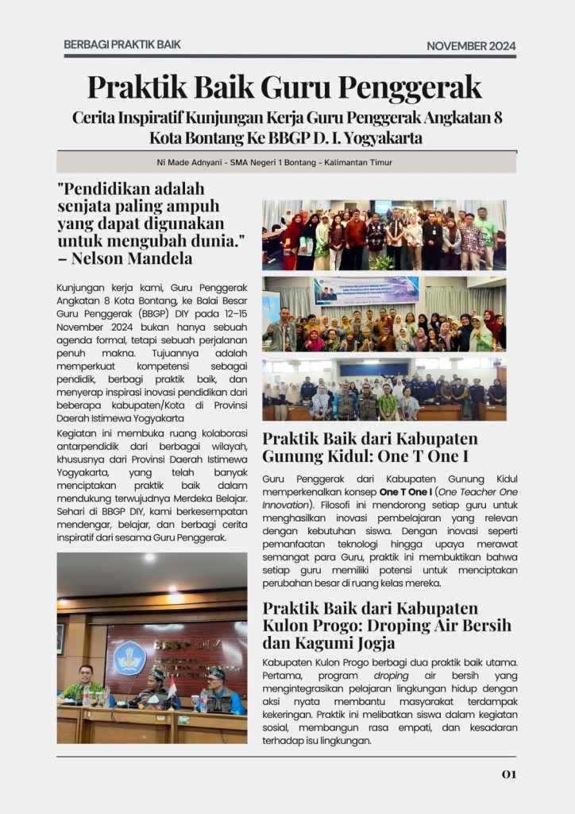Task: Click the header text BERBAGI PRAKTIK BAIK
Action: click(x=122, y=45)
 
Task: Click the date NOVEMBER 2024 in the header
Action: click(x=471, y=46)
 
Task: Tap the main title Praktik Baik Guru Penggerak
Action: click(x=284, y=86)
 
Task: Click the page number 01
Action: click(x=508, y=773)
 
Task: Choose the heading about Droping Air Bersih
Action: click(x=387, y=625)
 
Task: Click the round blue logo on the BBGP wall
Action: click(x=130, y=657)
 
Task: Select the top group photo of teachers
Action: click(x=384, y=235)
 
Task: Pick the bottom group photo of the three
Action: click(x=384, y=389)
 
